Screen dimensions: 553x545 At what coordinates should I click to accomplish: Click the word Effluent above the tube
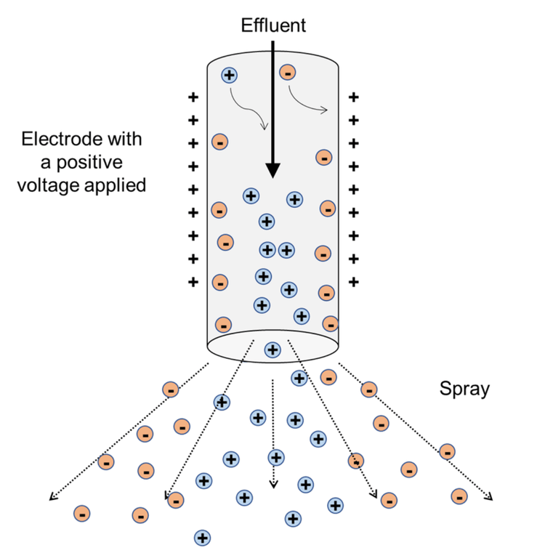point(273,26)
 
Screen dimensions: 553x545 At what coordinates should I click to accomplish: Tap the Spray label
point(464,389)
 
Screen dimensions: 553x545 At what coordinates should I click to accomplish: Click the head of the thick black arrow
point(272,171)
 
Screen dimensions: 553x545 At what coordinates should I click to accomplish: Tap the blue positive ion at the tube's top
point(230,74)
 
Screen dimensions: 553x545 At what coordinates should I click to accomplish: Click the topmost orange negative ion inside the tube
point(288,72)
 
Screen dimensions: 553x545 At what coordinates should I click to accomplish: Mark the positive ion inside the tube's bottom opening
point(272,350)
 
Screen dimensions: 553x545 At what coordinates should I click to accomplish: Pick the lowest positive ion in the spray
point(202,538)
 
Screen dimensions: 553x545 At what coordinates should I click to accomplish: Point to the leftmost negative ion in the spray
point(82,514)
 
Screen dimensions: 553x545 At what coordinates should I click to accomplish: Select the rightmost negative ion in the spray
point(459,496)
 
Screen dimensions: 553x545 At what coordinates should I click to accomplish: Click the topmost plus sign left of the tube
point(193,97)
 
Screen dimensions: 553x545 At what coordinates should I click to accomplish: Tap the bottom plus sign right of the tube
point(354,281)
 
